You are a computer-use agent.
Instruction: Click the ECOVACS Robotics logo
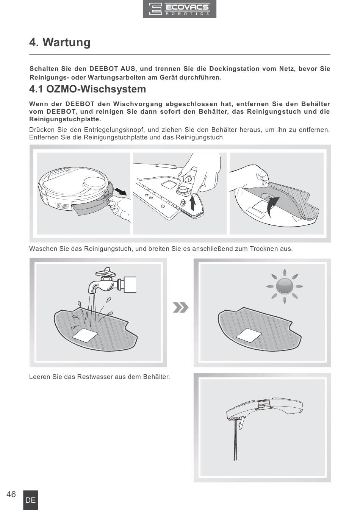click(180, 9)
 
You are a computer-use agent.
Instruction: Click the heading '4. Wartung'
click(60, 42)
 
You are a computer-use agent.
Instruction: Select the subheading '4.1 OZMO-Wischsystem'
click(88, 89)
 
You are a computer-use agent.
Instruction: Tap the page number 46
click(11, 494)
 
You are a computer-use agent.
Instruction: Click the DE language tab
click(31, 500)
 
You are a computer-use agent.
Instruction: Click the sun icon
click(285, 286)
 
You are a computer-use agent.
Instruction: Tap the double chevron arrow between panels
click(181, 308)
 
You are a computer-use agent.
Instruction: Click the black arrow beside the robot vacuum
click(120, 191)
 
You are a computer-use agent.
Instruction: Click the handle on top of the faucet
click(105, 271)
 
